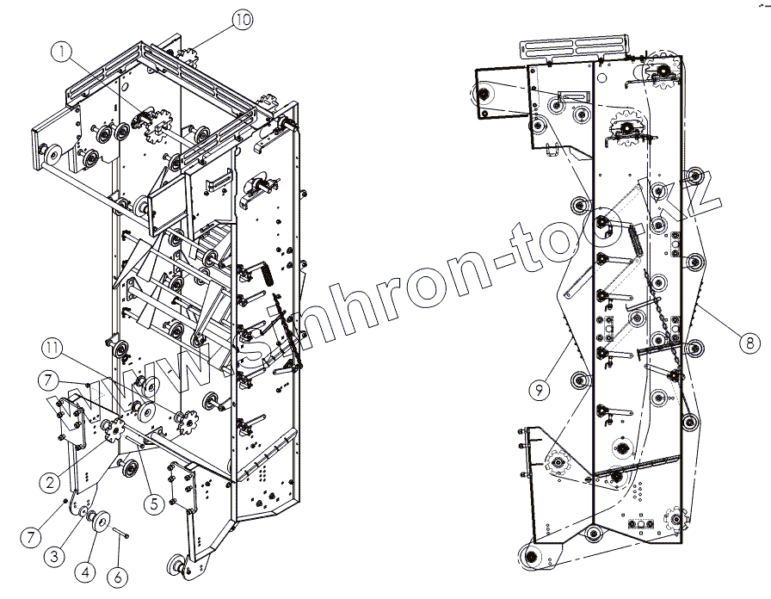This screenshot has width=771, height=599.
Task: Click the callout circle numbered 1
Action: point(61,51)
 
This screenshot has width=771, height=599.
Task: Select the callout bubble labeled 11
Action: point(53,348)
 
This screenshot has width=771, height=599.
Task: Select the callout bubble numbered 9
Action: point(540,390)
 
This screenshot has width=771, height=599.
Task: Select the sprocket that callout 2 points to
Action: point(113,429)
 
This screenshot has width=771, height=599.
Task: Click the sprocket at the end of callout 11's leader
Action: point(183,421)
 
